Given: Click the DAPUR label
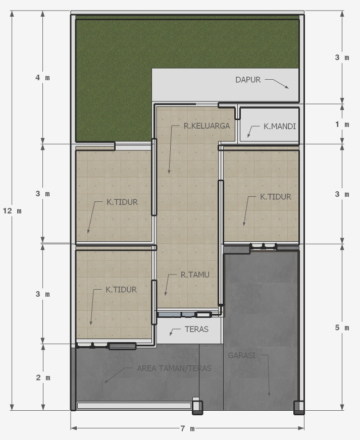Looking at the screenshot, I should pos(248,80).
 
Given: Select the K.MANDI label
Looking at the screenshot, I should pos(279,127).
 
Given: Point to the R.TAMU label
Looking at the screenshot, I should pos(195,275).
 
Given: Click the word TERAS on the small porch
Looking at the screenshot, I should pos(196,330).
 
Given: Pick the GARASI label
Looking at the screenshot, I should pos(242,355).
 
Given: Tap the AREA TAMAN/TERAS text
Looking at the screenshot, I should pos(174,368).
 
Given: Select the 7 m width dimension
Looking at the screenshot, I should pos(187,429).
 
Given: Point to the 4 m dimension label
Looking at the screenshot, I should pos(42,78).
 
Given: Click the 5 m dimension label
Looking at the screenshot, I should pos(342,328).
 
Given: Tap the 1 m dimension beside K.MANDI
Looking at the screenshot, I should pos(342,125).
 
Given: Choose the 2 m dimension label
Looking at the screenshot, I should pos(43,377).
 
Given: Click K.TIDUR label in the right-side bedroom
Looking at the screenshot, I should pos(276,197).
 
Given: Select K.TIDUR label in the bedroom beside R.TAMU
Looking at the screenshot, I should pos(121,290).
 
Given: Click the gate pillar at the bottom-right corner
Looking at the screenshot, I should pos(299,407).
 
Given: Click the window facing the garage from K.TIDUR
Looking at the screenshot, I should pos(263,247).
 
